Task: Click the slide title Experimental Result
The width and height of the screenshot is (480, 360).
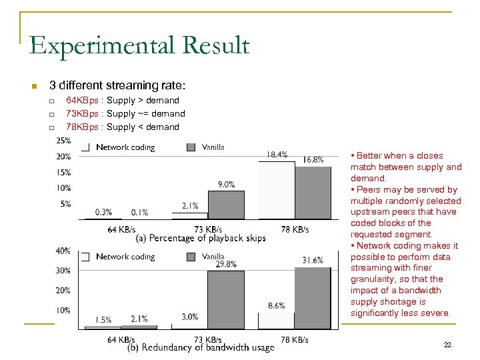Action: pyautogui.click(x=139, y=45)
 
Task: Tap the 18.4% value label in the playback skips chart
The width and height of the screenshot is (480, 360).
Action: pyautogui.click(x=277, y=154)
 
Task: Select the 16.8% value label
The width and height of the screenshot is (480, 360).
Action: pyautogui.click(x=313, y=159)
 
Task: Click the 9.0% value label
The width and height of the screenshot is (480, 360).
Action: pyautogui.click(x=226, y=185)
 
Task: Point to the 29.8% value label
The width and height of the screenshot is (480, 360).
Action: pyautogui.click(x=226, y=264)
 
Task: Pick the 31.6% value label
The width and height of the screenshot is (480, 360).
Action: pyautogui.click(x=313, y=260)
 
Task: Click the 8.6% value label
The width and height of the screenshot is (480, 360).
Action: pyautogui.click(x=276, y=305)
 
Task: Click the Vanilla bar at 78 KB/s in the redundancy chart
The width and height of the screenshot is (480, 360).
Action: pyautogui.click(x=313, y=297)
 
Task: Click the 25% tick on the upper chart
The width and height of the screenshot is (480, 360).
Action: pyautogui.click(x=64, y=141)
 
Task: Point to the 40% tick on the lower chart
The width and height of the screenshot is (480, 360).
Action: pyautogui.click(x=63, y=251)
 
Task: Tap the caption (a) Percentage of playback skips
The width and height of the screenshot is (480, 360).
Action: pyautogui.click(x=201, y=238)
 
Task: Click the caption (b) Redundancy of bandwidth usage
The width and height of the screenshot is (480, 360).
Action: pyautogui.click(x=201, y=348)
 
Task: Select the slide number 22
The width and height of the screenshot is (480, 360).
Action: pyautogui.click(x=447, y=344)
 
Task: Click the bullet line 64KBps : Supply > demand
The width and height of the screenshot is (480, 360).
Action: pyautogui.click(x=123, y=100)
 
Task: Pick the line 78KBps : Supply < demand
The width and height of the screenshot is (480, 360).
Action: pyautogui.click(x=123, y=127)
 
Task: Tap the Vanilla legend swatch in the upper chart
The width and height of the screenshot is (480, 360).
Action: pyautogui.click(x=191, y=147)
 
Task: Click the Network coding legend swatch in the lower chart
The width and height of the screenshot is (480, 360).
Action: pyautogui.click(x=85, y=257)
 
